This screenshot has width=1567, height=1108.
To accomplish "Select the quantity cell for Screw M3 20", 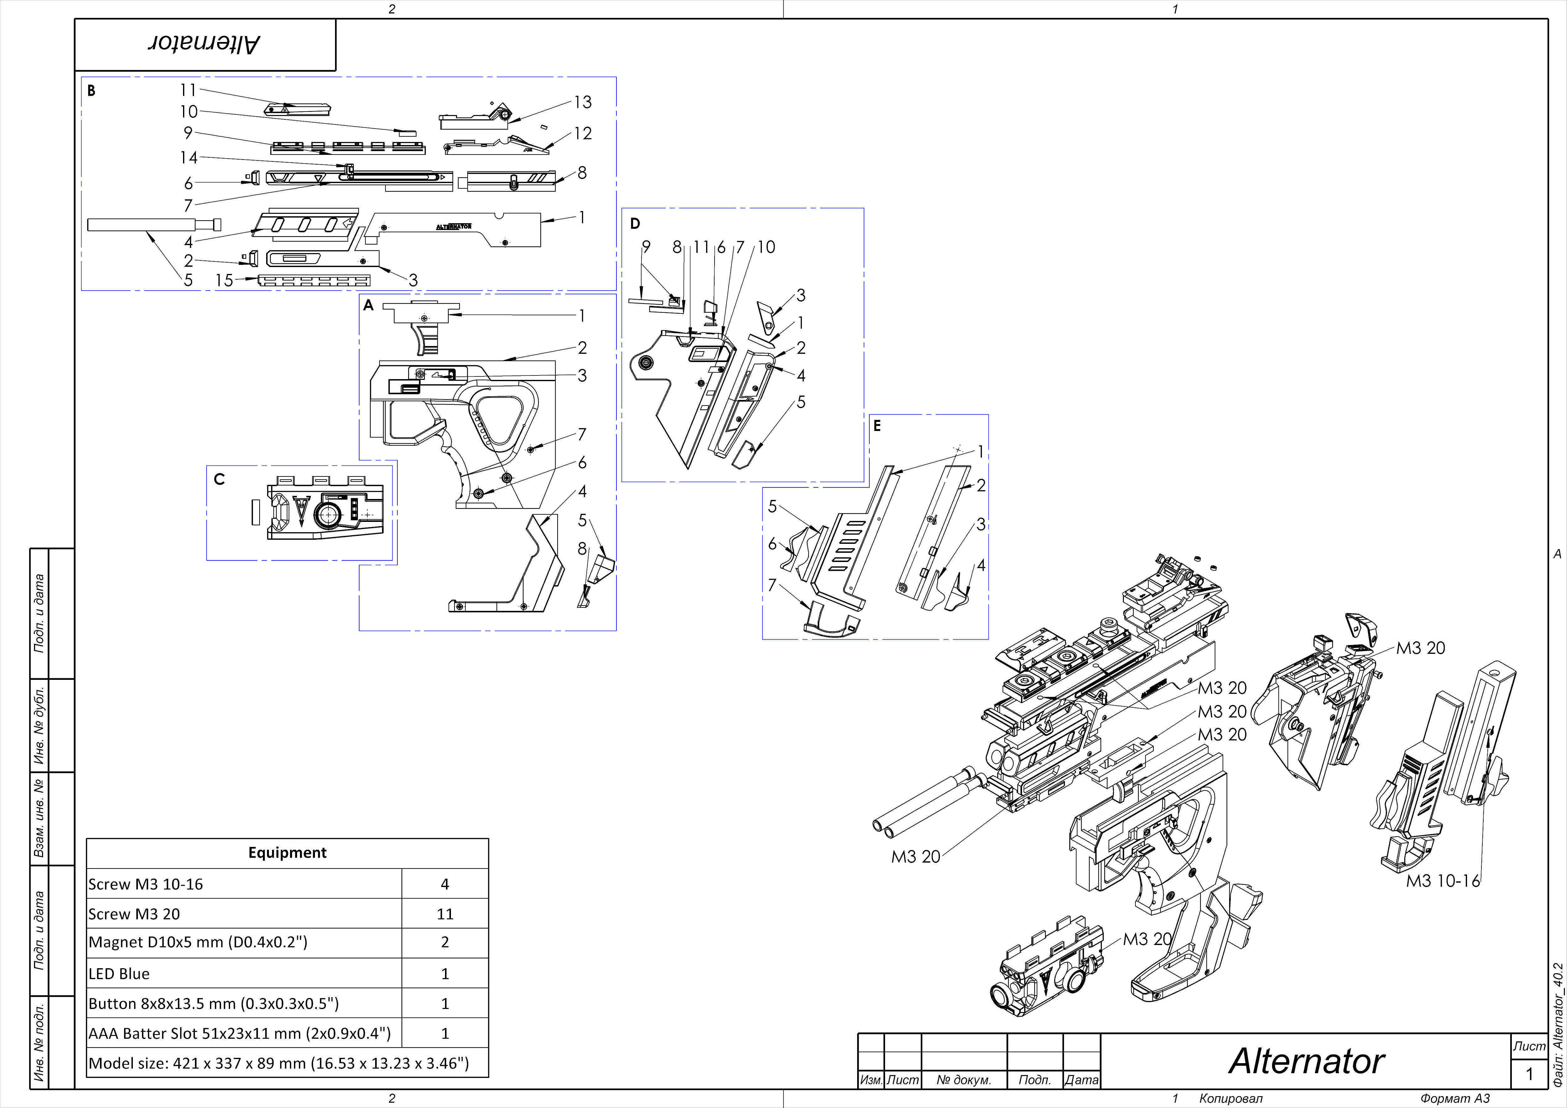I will click(445, 913).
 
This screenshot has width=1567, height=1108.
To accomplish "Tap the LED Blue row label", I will click(119, 974).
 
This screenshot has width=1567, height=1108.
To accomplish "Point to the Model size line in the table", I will click(279, 1063).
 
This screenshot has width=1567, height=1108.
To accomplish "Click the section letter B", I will click(92, 91).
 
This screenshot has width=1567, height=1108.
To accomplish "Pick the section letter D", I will click(635, 223).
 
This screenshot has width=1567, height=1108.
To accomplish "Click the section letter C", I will click(219, 479).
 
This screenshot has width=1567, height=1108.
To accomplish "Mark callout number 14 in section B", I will click(188, 158).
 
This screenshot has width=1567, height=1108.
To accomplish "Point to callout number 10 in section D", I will click(767, 247).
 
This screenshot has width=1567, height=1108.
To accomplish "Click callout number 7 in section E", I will click(772, 585).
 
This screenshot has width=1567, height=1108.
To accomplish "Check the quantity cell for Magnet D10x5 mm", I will click(445, 942).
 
